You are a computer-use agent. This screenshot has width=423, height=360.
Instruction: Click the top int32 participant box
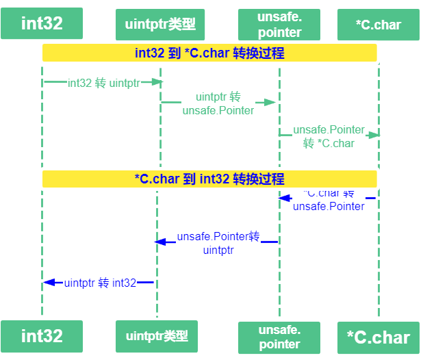point(42,23)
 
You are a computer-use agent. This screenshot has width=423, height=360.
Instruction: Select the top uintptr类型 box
point(160,25)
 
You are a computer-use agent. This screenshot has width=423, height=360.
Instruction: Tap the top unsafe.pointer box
point(279,25)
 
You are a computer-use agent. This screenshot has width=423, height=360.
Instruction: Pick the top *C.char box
point(379,25)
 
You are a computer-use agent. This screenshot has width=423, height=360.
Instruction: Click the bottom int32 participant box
point(42,336)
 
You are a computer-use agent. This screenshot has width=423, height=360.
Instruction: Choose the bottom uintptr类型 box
point(157,336)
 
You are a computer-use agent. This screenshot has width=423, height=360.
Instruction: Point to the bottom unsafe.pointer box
point(279,337)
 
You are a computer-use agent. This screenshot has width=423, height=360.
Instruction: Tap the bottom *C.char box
point(379,337)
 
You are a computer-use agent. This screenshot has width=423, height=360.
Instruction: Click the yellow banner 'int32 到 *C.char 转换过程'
point(209,53)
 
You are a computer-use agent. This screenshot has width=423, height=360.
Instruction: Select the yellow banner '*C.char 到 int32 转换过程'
point(209,179)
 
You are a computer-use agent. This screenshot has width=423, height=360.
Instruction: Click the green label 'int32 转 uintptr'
point(104,83)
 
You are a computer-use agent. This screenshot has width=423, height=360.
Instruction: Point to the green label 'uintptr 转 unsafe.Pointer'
point(218,103)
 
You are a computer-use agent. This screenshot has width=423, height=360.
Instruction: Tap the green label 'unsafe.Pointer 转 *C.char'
point(329,136)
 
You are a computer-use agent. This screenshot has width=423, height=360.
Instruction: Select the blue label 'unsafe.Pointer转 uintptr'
point(218,243)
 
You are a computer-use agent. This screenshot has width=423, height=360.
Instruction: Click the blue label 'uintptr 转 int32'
point(100,283)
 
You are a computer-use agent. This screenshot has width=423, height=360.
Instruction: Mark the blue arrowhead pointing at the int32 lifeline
point(49,283)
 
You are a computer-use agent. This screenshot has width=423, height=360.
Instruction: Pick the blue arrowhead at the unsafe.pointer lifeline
point(284,198)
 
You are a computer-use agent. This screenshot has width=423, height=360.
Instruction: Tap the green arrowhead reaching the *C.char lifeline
point(374,135)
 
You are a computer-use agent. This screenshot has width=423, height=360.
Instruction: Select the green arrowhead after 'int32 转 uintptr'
point(157,81)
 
